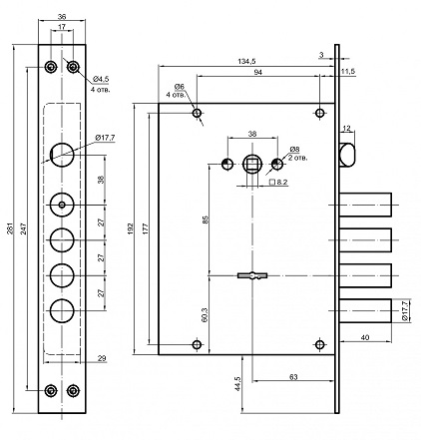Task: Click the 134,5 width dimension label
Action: [246, 61]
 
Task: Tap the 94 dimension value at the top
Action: [258, 72]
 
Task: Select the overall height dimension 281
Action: [10, 228]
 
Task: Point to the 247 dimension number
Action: [24, 228]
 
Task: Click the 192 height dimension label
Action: [130, 228]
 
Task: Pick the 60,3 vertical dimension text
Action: [205, 314]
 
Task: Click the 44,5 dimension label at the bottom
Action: [238, 384]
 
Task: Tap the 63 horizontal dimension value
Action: [293, 377]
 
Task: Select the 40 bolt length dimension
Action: [365, 337]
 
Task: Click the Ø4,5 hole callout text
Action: [101, 79]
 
